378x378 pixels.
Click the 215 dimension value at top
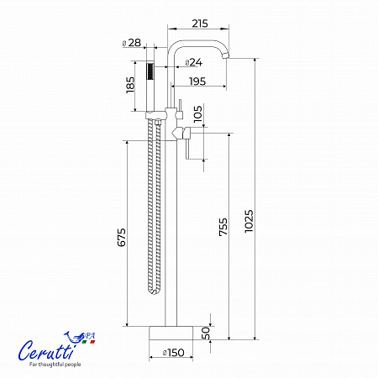[x=200, y=24]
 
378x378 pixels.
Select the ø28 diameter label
[x=132, y=43]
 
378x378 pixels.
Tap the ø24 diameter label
[x=194, y=62]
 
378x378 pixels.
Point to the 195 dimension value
[x=197, y=81]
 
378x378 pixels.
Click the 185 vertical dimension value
[x=130, y=85]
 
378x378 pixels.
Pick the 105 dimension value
[x=197, y=113]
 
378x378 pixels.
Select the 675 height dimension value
[x=121, y=238]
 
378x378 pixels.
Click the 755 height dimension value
[x=223, y=227]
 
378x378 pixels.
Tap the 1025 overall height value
[x=249, y=221]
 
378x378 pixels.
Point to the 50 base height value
[x=206, y=333]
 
